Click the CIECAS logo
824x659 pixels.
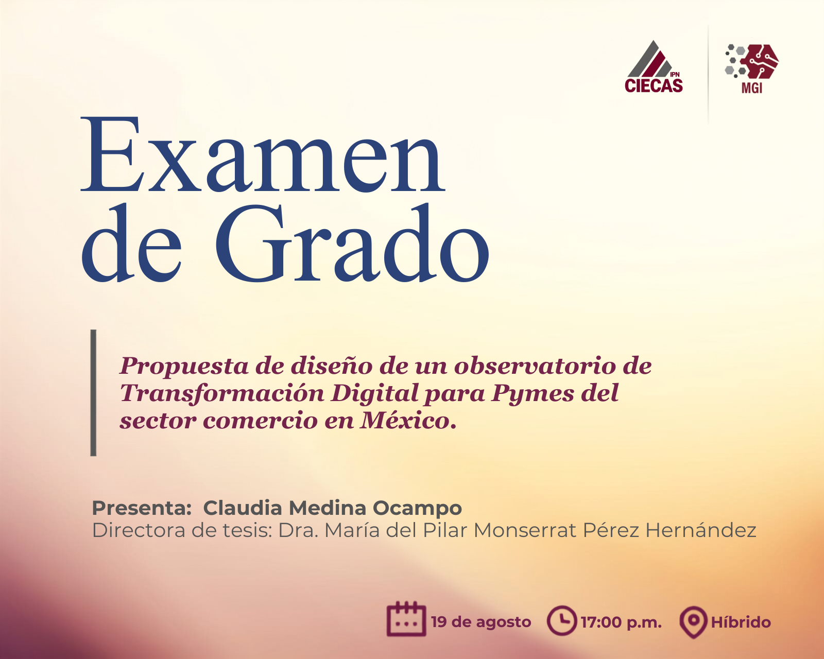click(x=654, y=66)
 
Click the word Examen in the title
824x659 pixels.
click(x=263, y=154)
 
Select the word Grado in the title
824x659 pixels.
click(x=352, y=243)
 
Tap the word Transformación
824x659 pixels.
click(x=222, y=394)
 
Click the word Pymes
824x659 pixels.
click(x=533, y=394)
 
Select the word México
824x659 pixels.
click(x=408, y=421)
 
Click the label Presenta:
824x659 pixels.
click(x=142, y=508)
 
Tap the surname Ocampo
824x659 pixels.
click(x=417, y=508)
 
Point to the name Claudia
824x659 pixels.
click(x=243, y=508)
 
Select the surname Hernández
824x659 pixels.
click(x=701, y=531)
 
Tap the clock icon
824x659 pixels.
click(x=562, y=620)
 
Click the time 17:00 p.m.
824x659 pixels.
click(x=621, y=622)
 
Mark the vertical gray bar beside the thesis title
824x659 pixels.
click(x=93, y=392)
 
